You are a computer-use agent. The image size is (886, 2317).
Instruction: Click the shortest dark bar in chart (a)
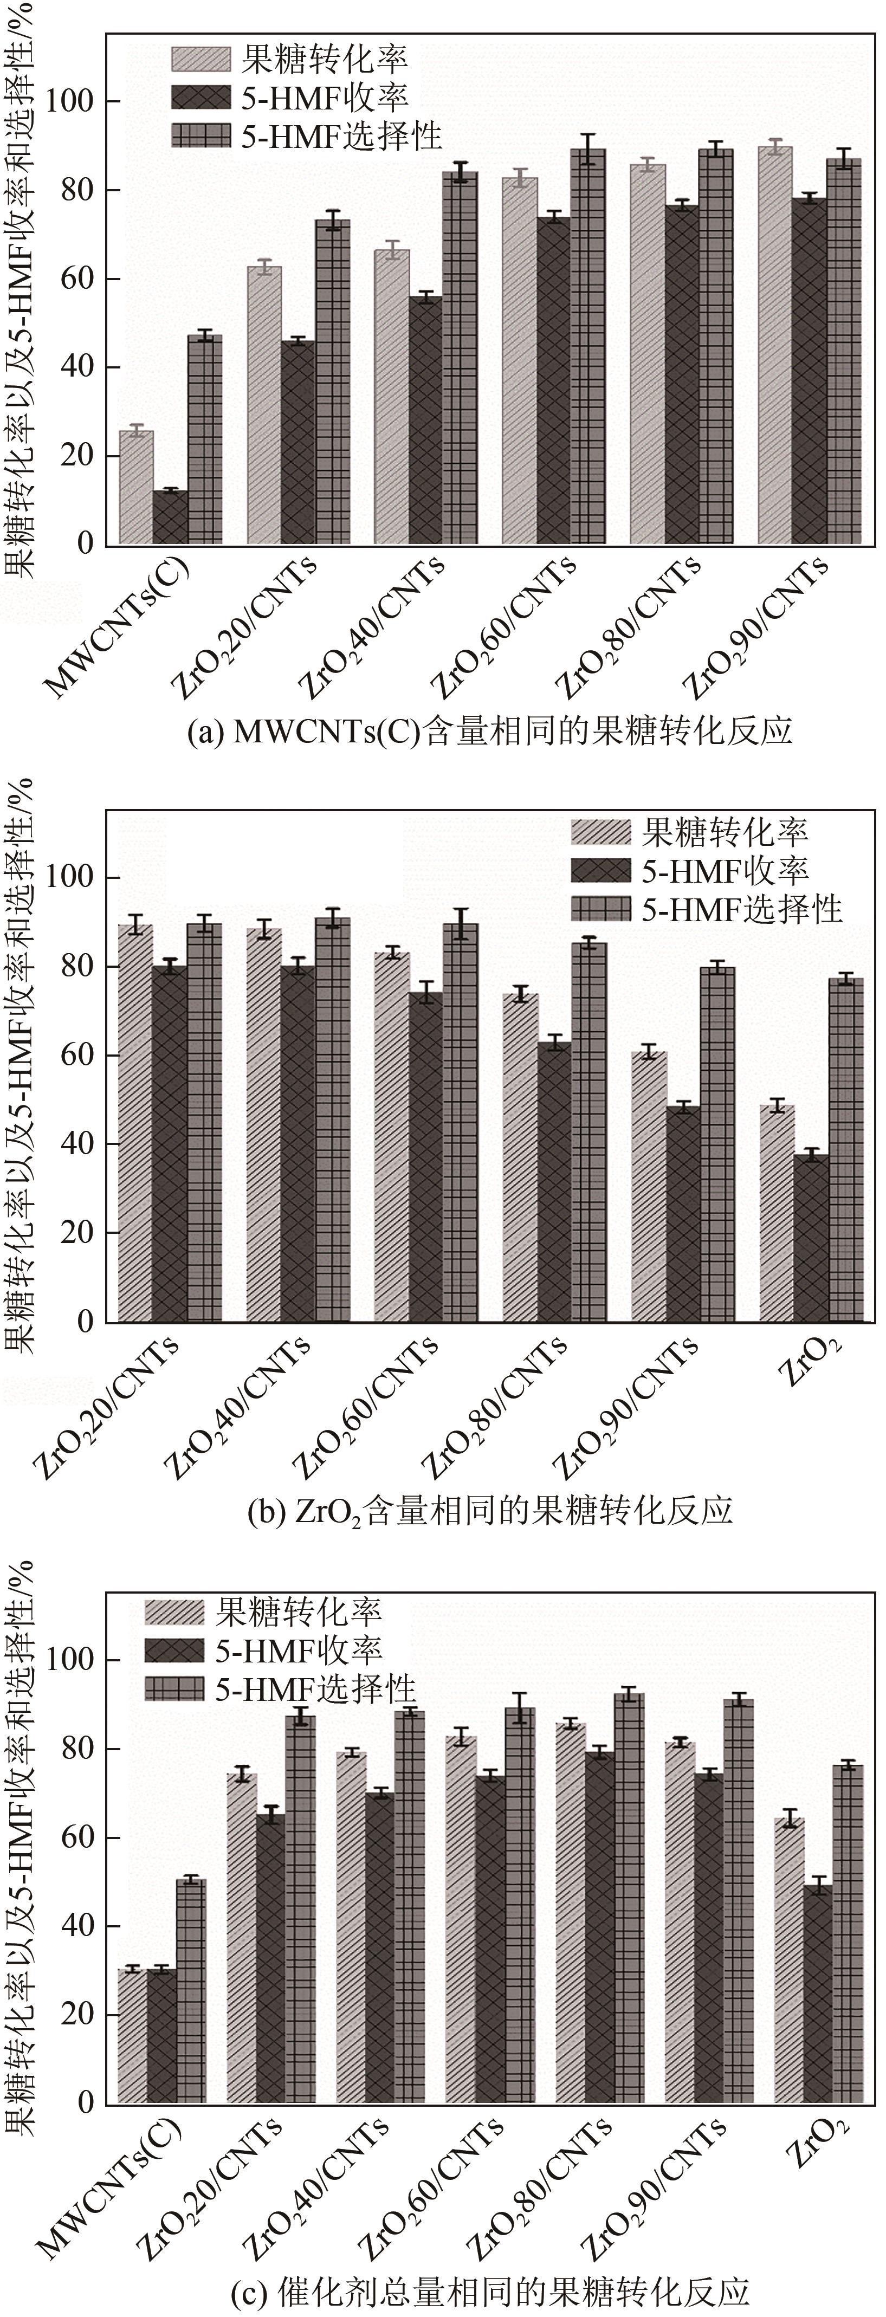(x=170, y=517)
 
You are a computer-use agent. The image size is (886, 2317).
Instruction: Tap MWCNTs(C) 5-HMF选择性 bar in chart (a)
(x=204, y=440)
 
